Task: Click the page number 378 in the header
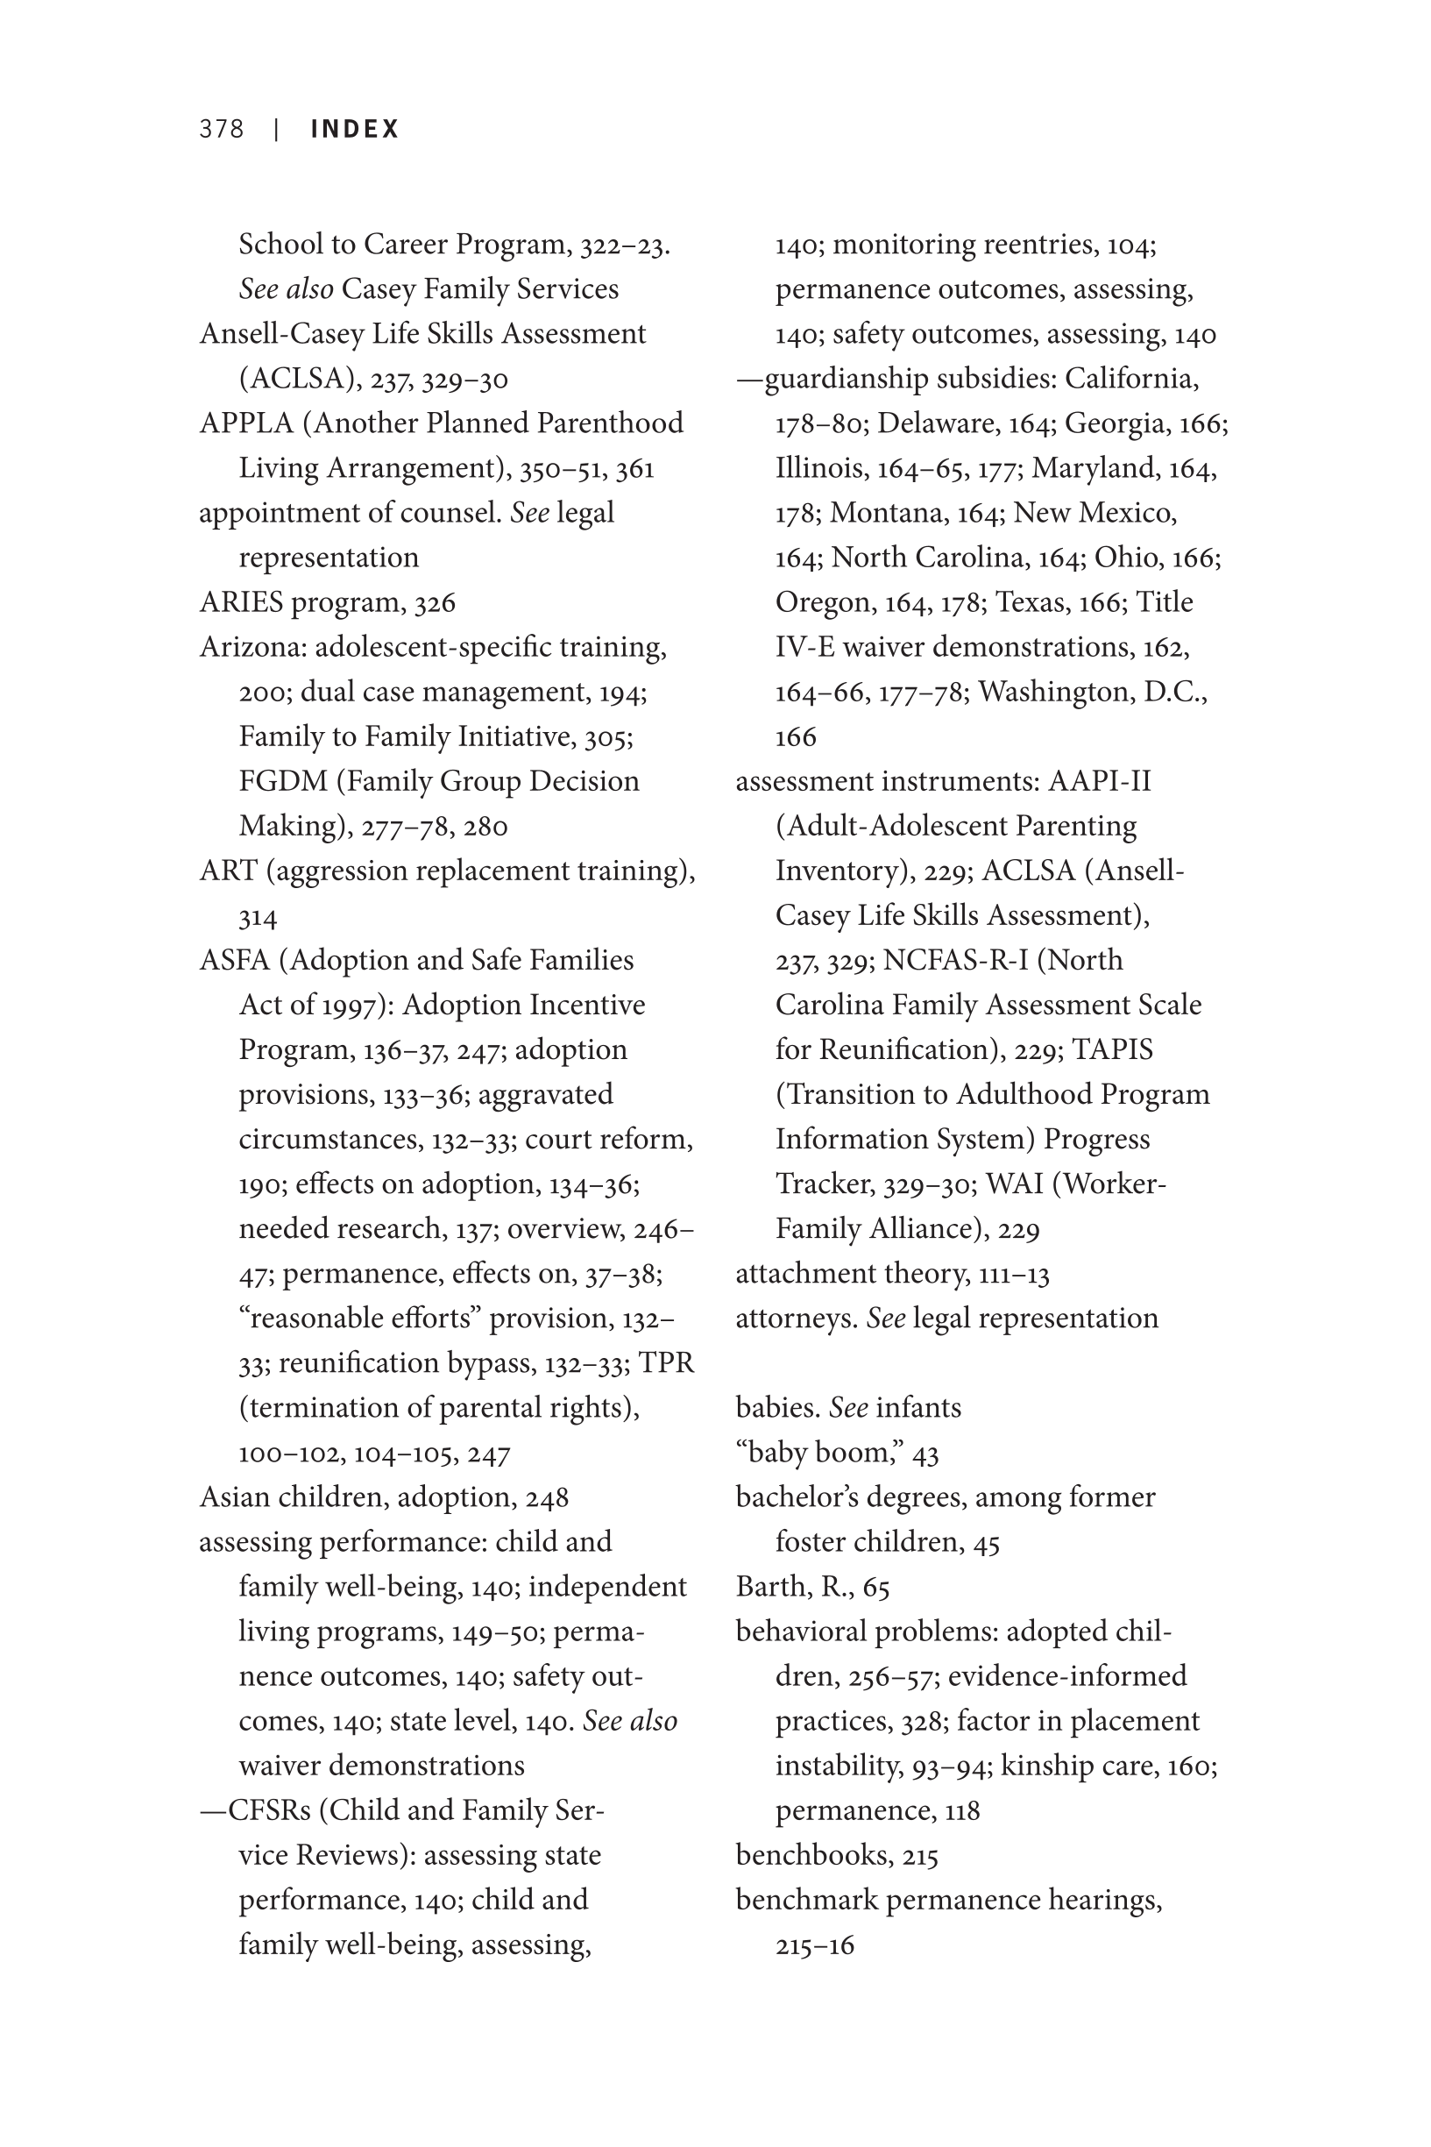pyautogui.click(x=222, y=129)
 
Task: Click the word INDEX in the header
pyautogui.click(x=355, y=129)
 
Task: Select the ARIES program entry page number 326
pyautogui.click(x=435, y=603)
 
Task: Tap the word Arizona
pyautogui.click(x=252, y=647)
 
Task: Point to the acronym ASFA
pyautogui.click(x=235, y=960)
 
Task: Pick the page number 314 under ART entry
pyautogui.click(x=259, y=916)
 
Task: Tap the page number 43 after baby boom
pyautogui.click(x=925, y=1454)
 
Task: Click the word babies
pyautogui.click(x=777, y=1408)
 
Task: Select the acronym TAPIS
pyautogui.click(x=1113, y=1049)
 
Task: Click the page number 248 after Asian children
pyautogui.click(x=547, y=1498)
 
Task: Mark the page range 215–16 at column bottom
pyautogui.click(x=815, y=1945)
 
